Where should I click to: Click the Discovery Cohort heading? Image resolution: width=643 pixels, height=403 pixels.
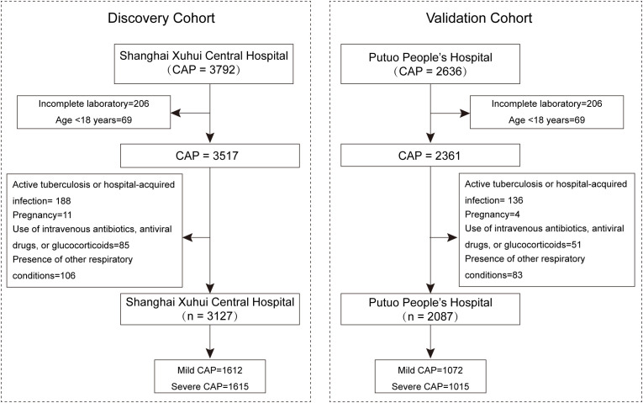click(161, 19)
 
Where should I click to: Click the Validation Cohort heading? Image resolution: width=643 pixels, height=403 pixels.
click(479, 18)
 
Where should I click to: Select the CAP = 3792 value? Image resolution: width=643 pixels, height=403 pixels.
click(203, 70)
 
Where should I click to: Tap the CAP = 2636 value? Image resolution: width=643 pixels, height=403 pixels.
click(430, 72)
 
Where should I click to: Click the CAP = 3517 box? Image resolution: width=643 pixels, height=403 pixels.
click(210, 156)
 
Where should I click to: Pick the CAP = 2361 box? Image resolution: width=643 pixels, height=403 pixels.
click(430, 155)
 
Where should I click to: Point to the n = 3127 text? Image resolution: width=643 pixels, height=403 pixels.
click(209, 316)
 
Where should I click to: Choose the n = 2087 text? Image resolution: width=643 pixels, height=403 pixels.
click(430, 316)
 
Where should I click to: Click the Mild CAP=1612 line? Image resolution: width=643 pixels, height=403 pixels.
click(209, 370)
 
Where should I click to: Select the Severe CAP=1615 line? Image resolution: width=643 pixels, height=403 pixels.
click(209, 386)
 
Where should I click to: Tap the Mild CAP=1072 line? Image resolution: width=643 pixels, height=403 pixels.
click(430, 370)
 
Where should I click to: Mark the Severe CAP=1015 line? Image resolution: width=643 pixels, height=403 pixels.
click(430, 386)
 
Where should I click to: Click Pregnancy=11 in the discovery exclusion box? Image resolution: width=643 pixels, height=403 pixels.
click(42, 215)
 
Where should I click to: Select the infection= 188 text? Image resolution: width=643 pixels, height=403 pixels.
click(41, 201)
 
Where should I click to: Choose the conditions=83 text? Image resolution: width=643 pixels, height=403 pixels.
click(493, 275)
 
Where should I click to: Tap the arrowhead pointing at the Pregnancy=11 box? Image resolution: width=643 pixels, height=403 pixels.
click(187, 237)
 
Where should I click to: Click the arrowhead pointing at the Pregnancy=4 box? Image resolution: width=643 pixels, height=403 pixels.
click(452, 237)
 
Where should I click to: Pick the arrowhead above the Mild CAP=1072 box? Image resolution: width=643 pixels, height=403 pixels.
click(430, 353)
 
